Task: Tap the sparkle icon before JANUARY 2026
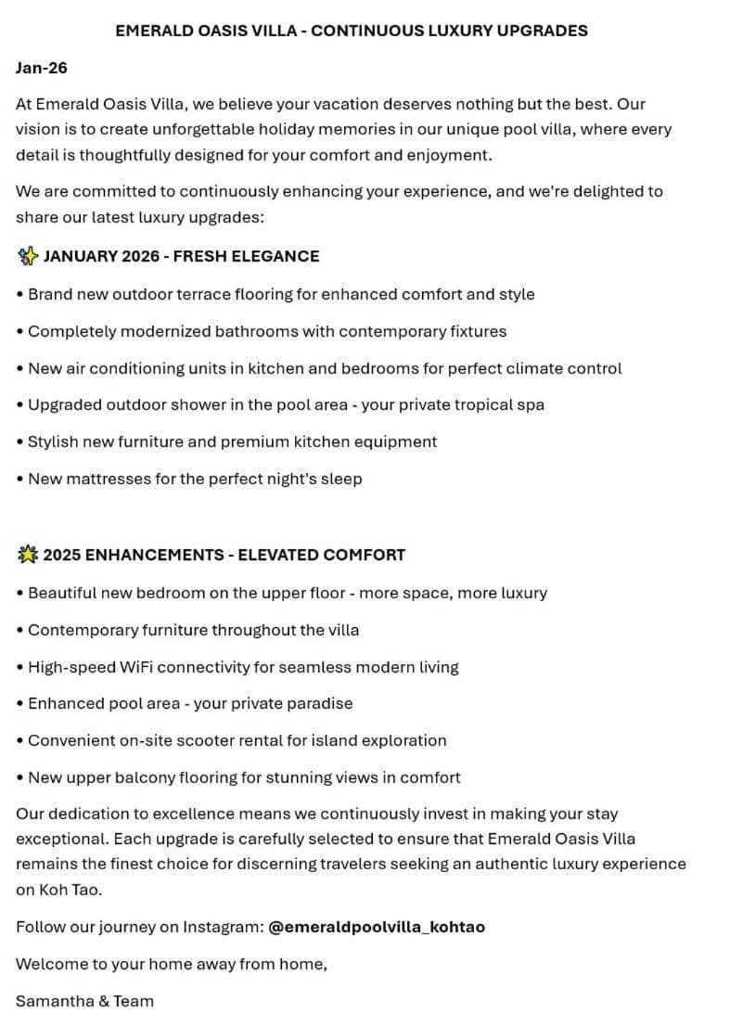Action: point(27,256)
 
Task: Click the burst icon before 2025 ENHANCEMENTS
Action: point(27,555)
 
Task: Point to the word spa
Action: point(531,404)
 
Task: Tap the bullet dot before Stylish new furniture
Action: point(20,442)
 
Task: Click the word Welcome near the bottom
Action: point(51,964)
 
